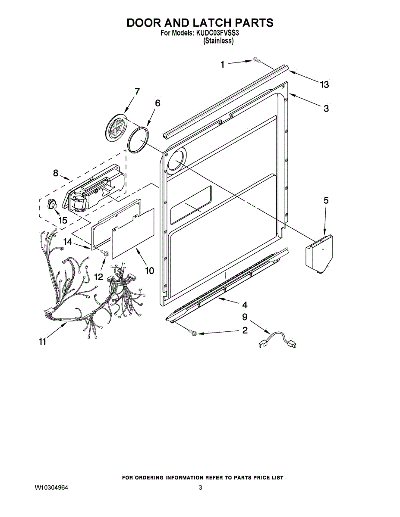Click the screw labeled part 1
coord(257,61)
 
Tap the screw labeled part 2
coord(193,333)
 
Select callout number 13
coord(324,85)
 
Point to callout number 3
coord(326,108)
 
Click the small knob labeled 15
coord(53,204)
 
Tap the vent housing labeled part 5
coord(320,255)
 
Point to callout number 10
coord(149,271)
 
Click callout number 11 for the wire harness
coord(42,342)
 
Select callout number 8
coord(56,173)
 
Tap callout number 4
coord(245,305)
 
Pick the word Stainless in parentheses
coord(218,41)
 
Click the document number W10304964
coord(51,488)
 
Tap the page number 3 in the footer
coord(201,488)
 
